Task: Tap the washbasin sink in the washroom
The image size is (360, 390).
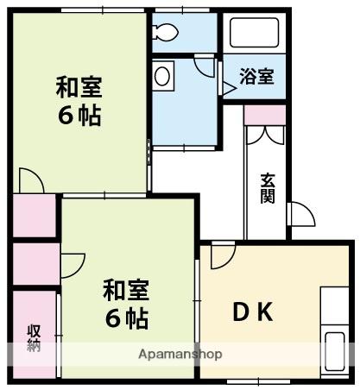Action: tap(161, 76)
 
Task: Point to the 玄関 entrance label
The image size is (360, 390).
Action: tap(268, 187)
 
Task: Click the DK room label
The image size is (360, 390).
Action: tap(252, 311)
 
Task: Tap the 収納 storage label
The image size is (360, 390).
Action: tap(34, 337)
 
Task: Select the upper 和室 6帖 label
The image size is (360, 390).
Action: tap(79, 100)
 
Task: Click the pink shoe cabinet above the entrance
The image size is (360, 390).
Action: tap(264, 116)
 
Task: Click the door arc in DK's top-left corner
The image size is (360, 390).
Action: tap(221, 255)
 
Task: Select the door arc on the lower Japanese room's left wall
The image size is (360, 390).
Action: tap(72, 262)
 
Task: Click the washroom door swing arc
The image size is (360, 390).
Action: tap(204, 66)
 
